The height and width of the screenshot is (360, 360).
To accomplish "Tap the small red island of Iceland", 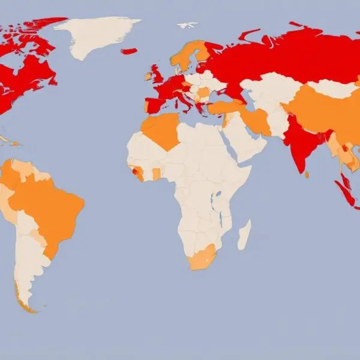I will [x=129, y=52].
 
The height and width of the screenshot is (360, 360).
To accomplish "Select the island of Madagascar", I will [x=244, y=234].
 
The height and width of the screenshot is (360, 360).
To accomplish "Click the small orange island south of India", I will [x=307, y=175].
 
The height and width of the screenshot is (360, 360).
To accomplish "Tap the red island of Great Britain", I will [x=158, y=75].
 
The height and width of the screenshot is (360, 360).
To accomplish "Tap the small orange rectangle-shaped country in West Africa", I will [x=157, y=174].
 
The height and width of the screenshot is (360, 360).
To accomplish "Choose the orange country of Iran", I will [x=257, y=120].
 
